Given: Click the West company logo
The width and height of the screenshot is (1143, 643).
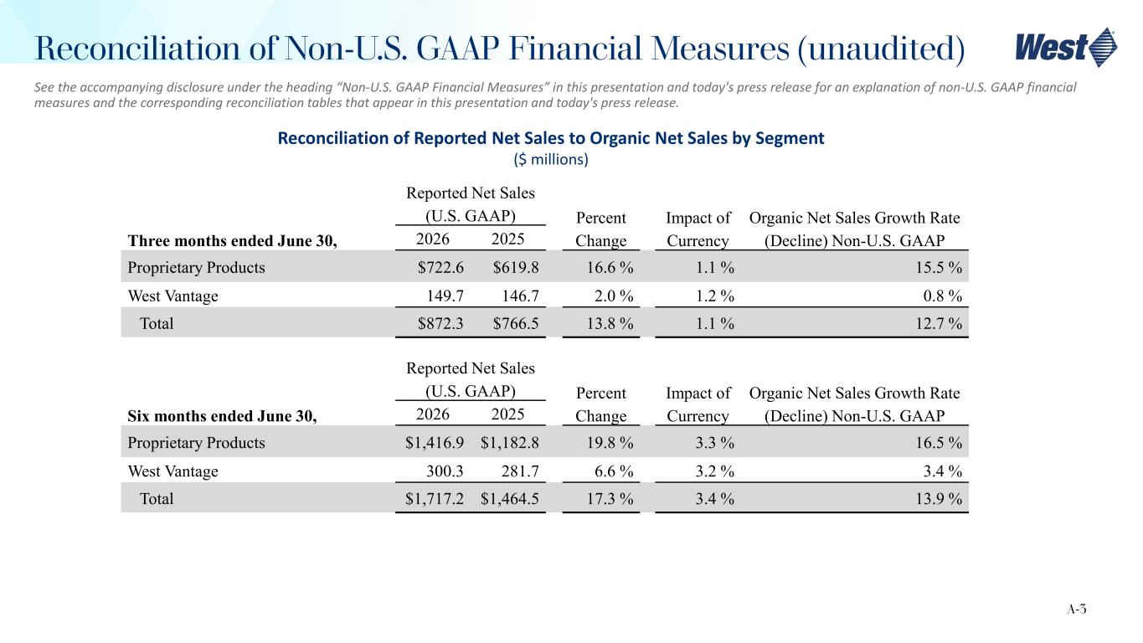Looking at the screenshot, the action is tap(1065, 48).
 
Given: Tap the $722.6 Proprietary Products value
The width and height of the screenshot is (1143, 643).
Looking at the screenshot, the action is tap(440, 267).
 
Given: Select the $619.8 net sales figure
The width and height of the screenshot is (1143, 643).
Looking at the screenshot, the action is tap(515, 267).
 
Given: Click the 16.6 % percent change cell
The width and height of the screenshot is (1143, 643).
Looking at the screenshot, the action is tap(610, 267).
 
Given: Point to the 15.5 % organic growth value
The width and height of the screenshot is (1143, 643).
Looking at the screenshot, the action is tap(939, 267).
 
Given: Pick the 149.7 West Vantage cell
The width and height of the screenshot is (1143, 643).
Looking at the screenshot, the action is tap(445, 296).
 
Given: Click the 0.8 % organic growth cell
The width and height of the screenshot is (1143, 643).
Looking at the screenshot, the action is tap(943, 296).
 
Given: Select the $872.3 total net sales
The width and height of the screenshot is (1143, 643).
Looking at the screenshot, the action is tap(440, 323).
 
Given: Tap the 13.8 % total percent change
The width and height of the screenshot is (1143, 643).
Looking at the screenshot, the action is tap(610, 323).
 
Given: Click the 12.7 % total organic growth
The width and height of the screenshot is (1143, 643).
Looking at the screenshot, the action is tap(939, 323).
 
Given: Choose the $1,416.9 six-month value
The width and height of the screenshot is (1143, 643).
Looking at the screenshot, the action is tap(435, 442).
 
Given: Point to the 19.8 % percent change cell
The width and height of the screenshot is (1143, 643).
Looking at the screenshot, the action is tap(610, 442).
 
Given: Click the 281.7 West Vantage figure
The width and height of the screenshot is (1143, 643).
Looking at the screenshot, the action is tap(520, 471).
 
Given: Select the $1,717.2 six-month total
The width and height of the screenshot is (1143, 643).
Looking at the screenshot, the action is tap(435, 499).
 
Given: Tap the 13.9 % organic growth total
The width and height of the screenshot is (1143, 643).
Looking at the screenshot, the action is tap(939, 499).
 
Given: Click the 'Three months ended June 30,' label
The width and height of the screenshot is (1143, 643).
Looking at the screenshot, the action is tap(232, 241).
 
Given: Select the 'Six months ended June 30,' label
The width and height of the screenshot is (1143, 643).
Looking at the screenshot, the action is tap(222, 416).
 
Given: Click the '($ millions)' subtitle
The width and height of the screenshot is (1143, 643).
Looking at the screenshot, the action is tap(551, 160).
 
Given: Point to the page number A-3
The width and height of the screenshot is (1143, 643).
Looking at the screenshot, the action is tap(1076, 609).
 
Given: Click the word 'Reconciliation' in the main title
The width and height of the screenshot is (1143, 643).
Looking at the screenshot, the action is tap(137, 49).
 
